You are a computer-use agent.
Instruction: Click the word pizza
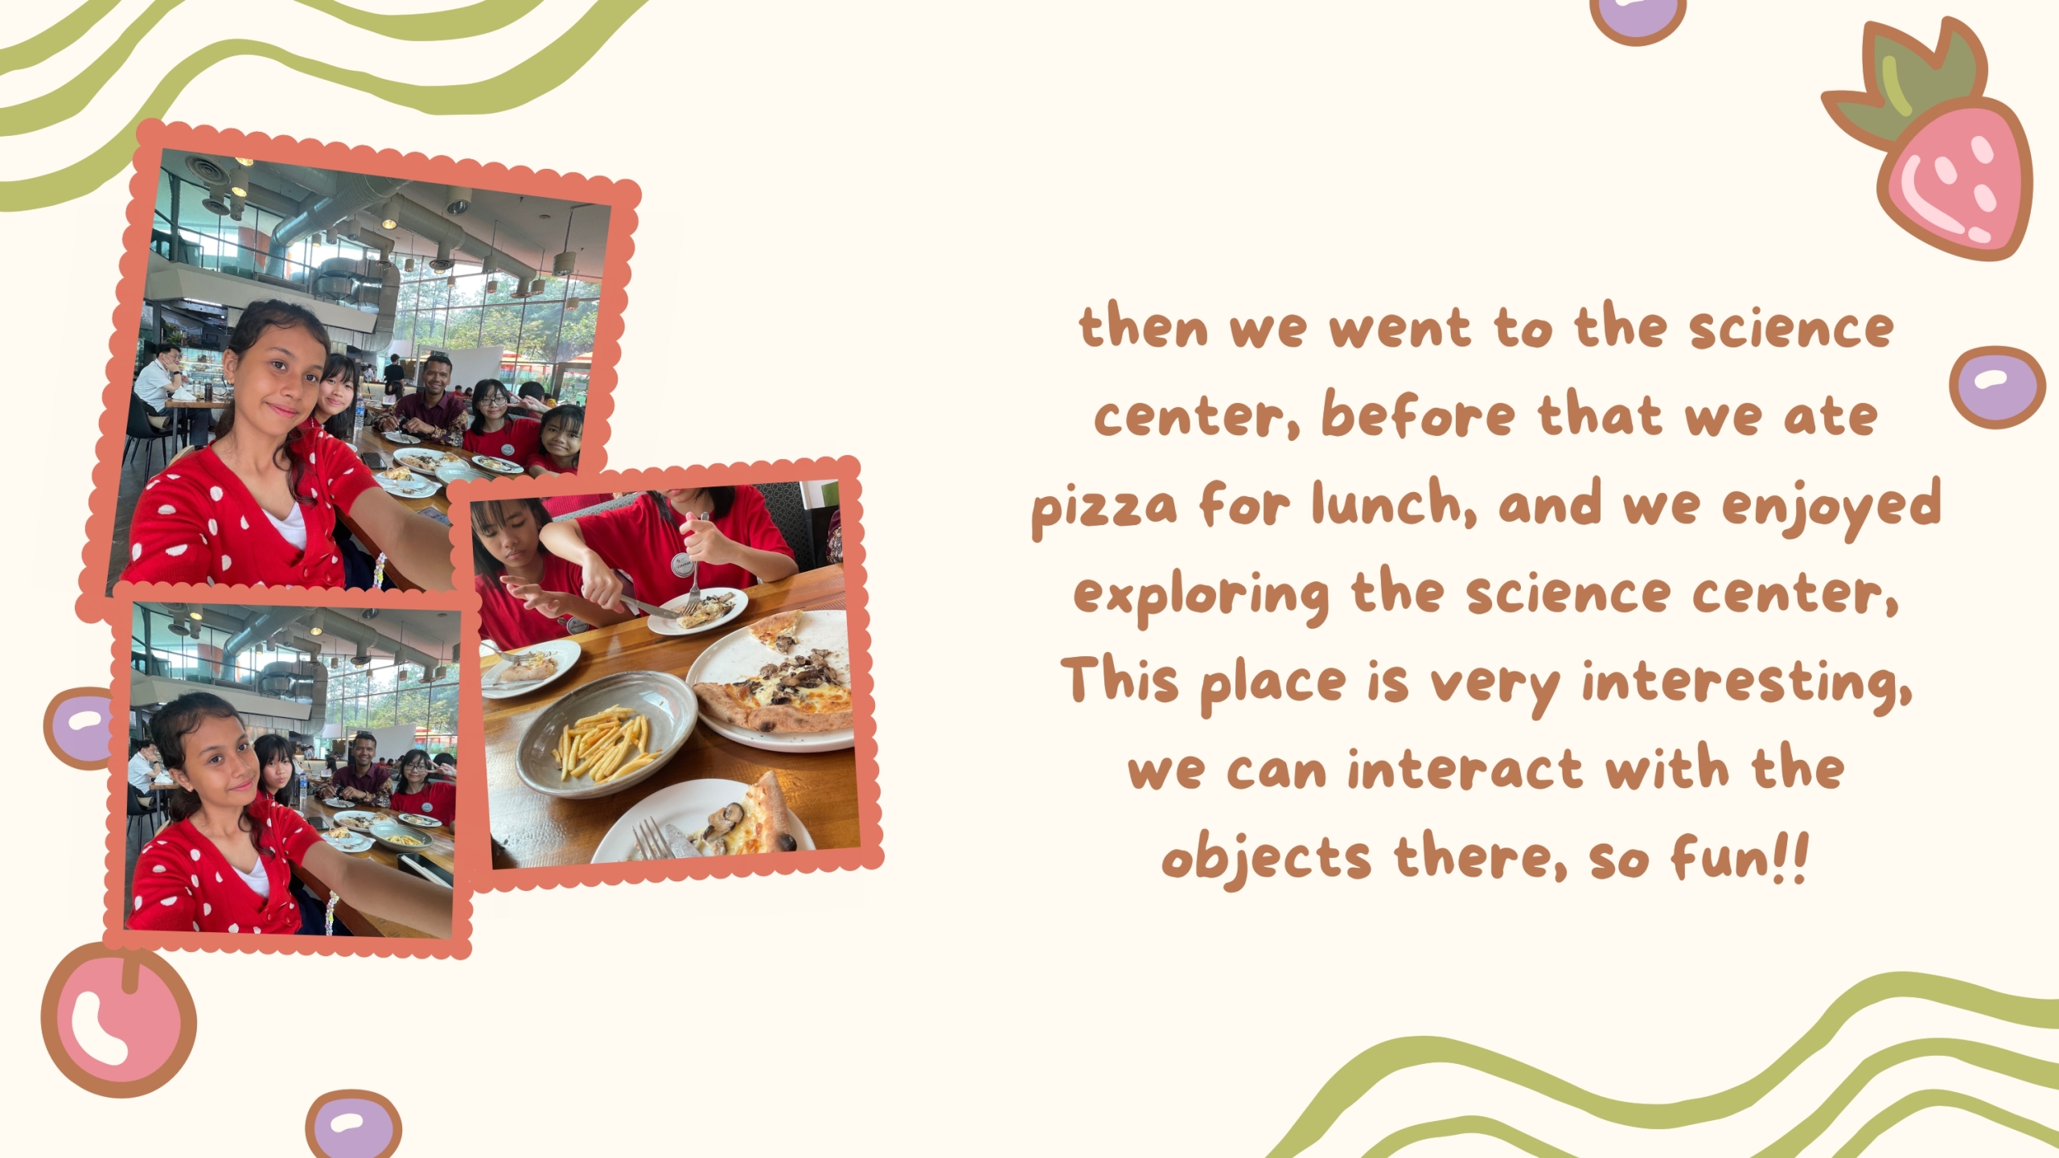point(1104,509)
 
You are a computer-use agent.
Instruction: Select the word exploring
point(1202,595)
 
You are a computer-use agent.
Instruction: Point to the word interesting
point(1747,684)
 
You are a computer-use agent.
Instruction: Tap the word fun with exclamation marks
point(1740,856)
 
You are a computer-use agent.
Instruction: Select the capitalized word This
point(1120,680)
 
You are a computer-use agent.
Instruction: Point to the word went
point(1399,329)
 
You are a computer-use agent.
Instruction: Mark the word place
point(1273,684)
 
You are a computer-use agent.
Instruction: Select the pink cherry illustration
point(119,1021)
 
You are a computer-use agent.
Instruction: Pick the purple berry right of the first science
point(1997,387)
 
